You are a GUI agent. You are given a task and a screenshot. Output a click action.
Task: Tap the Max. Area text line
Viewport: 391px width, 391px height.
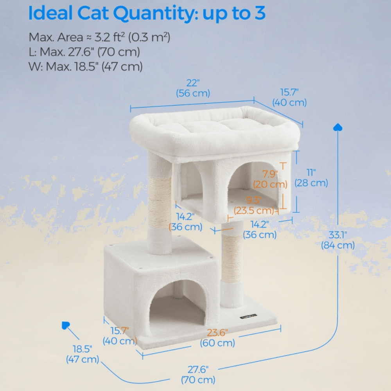(99, 38)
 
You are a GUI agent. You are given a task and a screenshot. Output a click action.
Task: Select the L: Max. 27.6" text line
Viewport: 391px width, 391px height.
(84, 52)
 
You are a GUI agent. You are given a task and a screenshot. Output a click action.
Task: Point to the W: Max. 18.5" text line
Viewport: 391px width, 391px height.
(86, 66)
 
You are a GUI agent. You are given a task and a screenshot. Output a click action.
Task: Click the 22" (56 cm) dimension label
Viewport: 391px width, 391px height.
(193, 88)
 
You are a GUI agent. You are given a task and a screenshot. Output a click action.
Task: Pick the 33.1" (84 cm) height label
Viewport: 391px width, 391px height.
(338, 240)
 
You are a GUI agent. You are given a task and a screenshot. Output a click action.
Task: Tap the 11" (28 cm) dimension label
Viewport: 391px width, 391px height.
(311, 178)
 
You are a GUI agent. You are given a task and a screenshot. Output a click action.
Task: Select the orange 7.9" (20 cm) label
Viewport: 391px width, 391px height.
(270, 179)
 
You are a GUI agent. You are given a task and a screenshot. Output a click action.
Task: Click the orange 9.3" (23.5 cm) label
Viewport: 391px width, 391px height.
(254, 205)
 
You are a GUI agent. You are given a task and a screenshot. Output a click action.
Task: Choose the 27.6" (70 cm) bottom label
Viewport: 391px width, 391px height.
(198, 374)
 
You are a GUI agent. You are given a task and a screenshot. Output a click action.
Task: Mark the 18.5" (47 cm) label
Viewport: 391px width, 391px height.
(83, 354)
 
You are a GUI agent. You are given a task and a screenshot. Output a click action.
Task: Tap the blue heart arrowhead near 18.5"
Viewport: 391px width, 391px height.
(65, 325)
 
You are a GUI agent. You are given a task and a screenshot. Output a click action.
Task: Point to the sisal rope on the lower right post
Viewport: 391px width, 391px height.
(232, 258)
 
